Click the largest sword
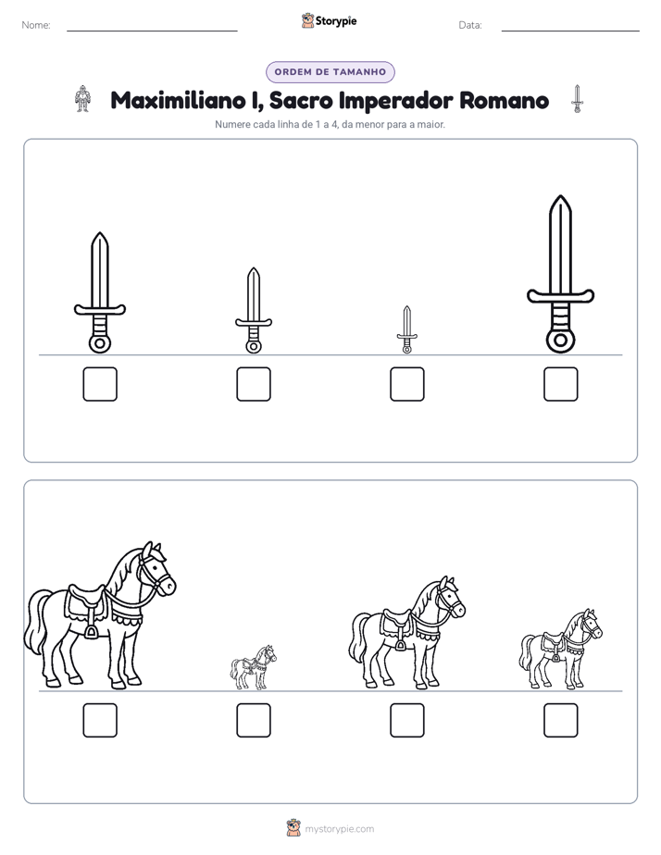point(560,273)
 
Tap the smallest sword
point(406,329)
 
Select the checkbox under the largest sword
point(560,384)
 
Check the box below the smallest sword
point(406,384)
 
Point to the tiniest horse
point(253,667)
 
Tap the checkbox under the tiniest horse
point(254,720)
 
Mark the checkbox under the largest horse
point(100,720)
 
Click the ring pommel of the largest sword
point(560,341)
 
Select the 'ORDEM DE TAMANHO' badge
point(330,72)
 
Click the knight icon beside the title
point(82,99)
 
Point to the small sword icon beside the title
point(577,99)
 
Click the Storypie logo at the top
point(330,20)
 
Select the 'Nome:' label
point(36,25)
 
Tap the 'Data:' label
point(470,25)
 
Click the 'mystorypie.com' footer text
point(339,829)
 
